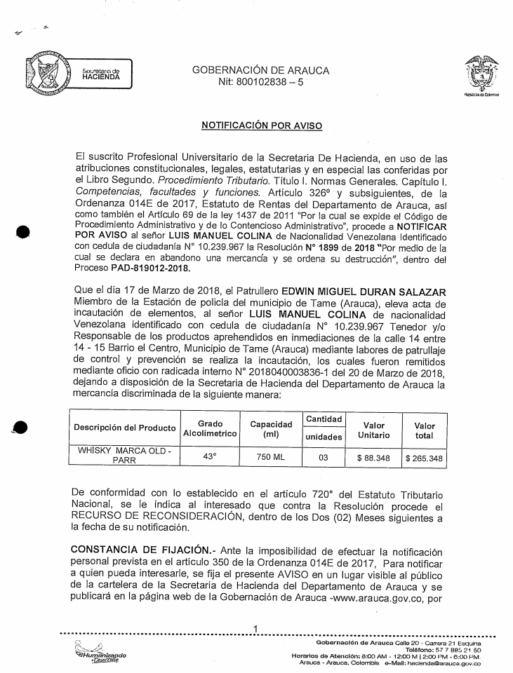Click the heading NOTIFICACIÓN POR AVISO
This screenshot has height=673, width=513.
point(262,125)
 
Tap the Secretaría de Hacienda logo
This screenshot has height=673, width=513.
point(77,73)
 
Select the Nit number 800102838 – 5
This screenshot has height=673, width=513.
point(261,83)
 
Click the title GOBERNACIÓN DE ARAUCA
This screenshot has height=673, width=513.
point(260,71)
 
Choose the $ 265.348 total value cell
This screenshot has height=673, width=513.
point(424,459)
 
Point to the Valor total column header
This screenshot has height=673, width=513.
point(425,430)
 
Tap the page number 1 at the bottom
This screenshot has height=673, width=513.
point(257,628)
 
